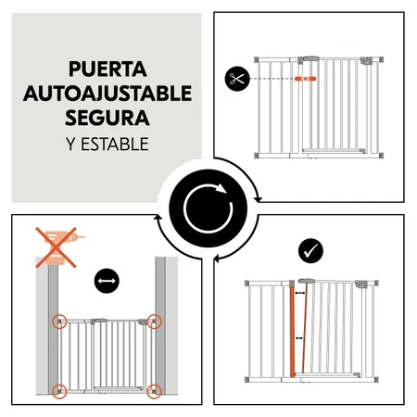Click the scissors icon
tap(236, 79)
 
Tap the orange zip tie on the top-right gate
tap(305, 80)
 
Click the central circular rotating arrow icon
tap(208, 208)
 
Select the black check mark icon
tap(309, 250)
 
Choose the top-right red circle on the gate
tap(153, 322)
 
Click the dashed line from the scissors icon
tap(269, 80)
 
